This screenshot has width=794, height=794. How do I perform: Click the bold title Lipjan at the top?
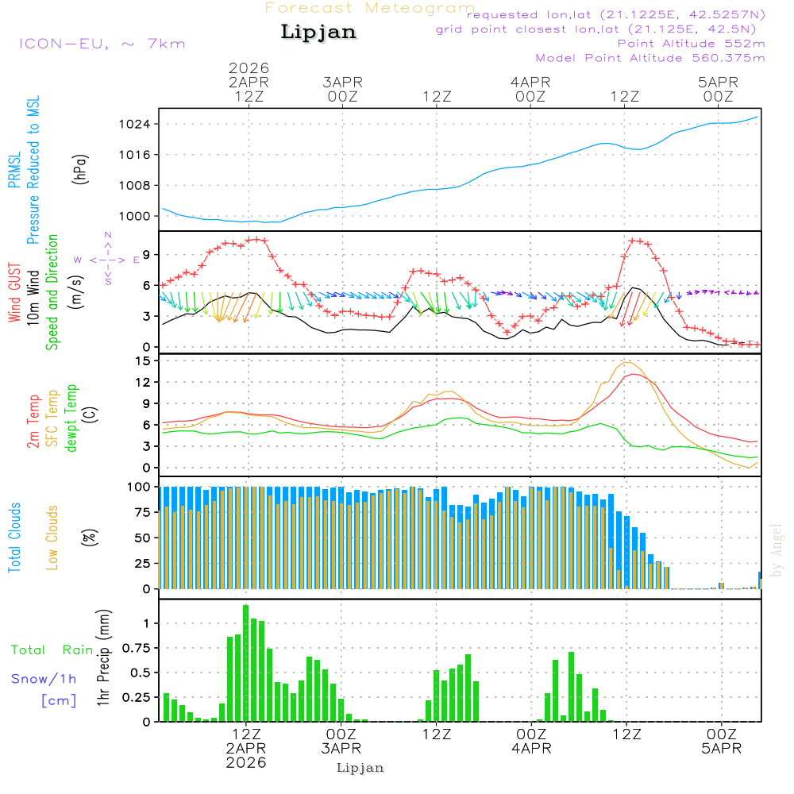[x=318, y=33]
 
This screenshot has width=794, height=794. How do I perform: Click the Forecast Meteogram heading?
[x=370, y=8]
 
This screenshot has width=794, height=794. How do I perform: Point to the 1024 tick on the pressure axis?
[x=135, y=124]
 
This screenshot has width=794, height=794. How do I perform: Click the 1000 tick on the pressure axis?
[x=135, y=216]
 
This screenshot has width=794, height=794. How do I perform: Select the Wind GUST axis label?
[x=14, y=295]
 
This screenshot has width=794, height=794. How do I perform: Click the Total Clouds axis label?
[x=15, y=538]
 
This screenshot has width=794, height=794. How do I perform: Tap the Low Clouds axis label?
[x=52, y=538]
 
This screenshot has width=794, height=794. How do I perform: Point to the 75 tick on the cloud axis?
[x=141, y=512]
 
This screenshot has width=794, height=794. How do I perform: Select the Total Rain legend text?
[x=52, y=649]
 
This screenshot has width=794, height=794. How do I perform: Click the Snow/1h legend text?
[x=44, y=679]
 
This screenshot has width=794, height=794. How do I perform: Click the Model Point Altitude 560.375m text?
[x=650, y=58]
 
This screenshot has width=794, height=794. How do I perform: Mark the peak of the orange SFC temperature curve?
[x=627, y=362]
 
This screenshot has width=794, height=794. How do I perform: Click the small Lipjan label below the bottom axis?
[x=360, y=768]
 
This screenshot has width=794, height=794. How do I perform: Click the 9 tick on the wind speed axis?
[x=146, y=255]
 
